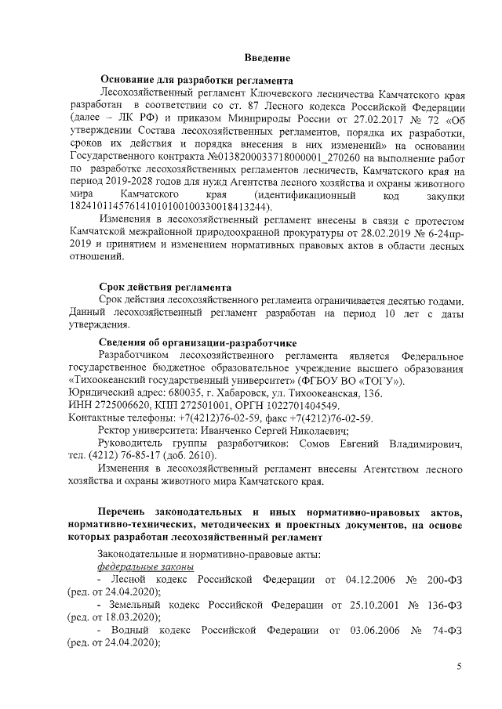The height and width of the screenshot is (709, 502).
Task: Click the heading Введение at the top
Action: (x=267, y=59)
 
